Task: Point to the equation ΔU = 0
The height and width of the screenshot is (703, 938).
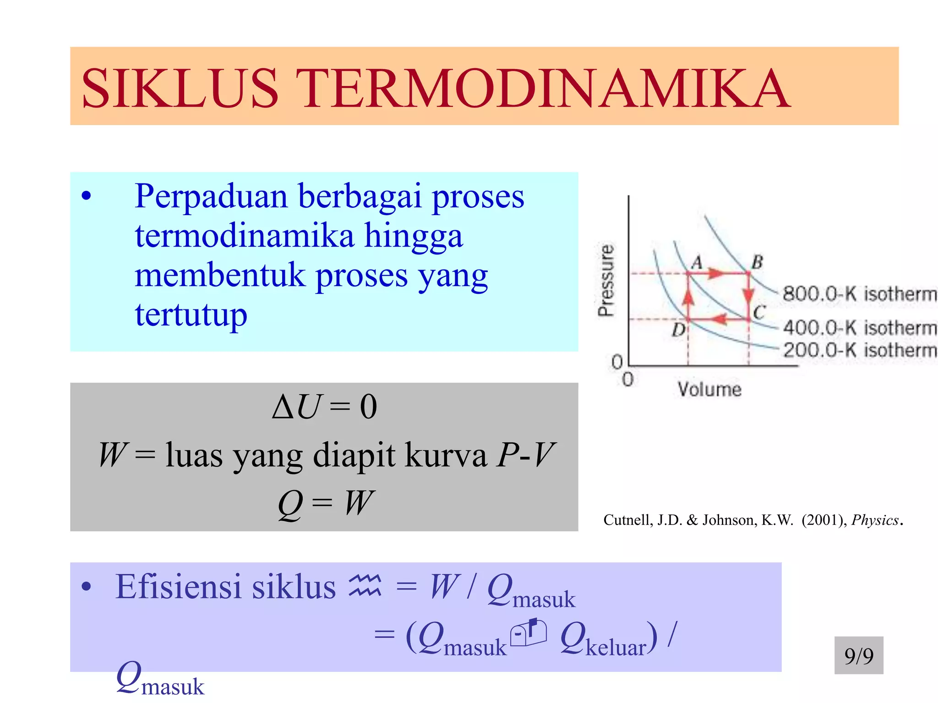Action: point(324,406)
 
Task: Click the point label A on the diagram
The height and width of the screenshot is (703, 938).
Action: point(697,263)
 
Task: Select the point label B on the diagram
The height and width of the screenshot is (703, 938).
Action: point(757,262)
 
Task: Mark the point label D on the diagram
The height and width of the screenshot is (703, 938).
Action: point(678,329)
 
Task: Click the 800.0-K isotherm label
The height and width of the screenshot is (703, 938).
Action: point(859,294)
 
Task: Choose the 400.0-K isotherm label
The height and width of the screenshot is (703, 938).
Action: point(859,328)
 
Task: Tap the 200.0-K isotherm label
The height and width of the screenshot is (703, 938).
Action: point(859,350)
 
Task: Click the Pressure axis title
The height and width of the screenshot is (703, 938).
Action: point(606,280)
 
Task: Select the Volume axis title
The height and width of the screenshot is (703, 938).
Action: point(709,389)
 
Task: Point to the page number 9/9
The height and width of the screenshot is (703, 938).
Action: point(859,656)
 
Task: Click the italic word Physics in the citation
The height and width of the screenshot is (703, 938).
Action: point(875,520)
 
